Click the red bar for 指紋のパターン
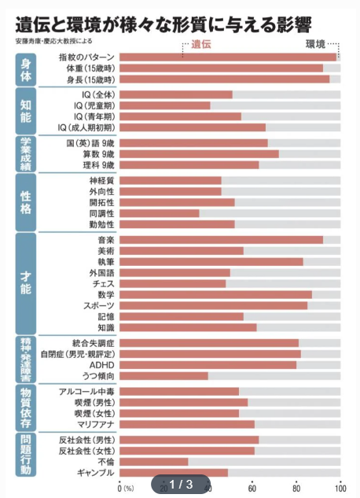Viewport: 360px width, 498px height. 228,57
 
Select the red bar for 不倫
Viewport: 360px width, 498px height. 154,462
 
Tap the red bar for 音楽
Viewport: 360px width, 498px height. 221,240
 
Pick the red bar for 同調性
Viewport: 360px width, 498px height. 160,213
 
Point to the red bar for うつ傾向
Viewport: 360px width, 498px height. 163,376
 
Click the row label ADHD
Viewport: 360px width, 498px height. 101,365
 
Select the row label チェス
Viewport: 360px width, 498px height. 104,284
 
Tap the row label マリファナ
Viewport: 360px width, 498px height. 96,424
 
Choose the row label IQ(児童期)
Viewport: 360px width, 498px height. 94,105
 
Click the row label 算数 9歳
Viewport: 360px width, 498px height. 98,154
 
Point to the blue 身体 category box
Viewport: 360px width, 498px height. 26,70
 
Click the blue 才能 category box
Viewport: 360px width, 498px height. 26,283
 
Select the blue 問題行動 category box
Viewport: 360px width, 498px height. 26,455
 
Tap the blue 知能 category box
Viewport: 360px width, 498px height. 26,111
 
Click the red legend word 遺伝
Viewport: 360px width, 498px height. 201,45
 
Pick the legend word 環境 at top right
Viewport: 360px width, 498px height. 316,45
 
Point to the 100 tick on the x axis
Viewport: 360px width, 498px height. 340,488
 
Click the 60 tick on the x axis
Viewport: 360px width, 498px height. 252,488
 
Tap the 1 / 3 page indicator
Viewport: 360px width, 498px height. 181,485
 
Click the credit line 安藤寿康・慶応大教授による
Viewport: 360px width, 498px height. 54,41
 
